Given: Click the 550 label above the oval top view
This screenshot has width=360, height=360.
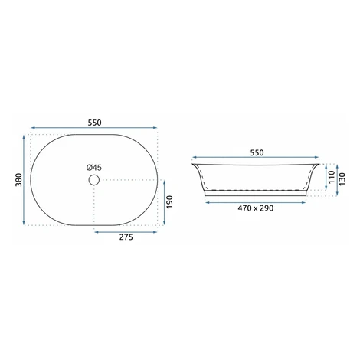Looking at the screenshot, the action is (x=94, y=123).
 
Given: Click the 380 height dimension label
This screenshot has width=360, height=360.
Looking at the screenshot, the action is (x=19, y=180).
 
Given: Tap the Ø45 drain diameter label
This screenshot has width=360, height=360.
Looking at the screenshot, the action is (x=94, y=168).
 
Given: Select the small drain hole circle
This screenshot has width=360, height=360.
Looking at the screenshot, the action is (x=94, y=180).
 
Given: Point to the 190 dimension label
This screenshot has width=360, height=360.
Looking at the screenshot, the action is (x=169, y=202).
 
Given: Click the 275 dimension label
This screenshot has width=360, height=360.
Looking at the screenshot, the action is (x=126, y=237).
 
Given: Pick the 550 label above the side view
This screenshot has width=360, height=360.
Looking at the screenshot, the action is (x=257, y=152).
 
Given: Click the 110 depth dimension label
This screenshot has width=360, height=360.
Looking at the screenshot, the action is (x=332, y=177).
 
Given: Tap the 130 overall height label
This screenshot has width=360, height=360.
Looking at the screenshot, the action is (x=342, y=179).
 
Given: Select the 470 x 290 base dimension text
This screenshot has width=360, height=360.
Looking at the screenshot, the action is (x=256, y=208).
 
